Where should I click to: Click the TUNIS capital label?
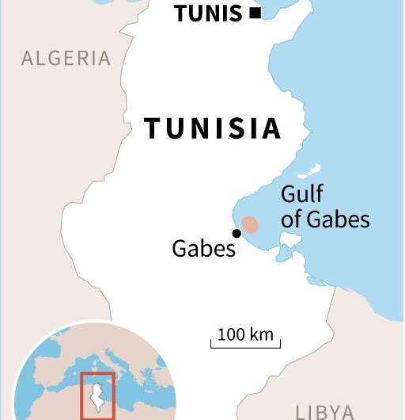coord(207,13)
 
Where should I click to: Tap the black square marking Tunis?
coord(255,13)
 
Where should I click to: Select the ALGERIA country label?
coord(66,58)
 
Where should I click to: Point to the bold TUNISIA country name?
coord(212,128)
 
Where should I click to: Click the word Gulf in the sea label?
coord(302,194)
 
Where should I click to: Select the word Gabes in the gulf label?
coord(338,219)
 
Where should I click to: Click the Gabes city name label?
coord(204,249)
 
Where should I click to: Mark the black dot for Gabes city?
coord(236,233)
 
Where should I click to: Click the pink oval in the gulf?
coord(250,224)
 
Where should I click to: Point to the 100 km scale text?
coord(245,334)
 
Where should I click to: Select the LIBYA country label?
coord(324,411)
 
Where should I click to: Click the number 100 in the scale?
coord(232,334)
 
